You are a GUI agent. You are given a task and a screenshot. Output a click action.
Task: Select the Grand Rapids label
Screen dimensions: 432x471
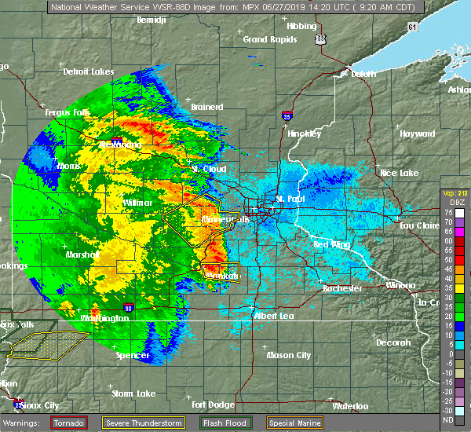click(265, 39)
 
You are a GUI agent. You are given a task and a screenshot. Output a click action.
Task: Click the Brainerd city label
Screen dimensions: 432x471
click(208, 106)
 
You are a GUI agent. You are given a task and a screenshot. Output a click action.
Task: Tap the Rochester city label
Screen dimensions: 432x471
click(342, 288)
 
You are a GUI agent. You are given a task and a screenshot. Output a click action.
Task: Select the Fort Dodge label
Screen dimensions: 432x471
click(212, 405)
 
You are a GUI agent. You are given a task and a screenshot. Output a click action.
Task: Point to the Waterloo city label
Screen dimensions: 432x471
click(350, 406)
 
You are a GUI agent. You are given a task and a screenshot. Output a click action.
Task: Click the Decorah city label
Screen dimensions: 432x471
click(392, 342)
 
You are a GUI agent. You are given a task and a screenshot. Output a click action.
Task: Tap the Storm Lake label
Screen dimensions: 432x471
click(133, 393)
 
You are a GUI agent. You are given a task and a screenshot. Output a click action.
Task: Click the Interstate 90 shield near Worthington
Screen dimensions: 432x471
click(129, 308)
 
